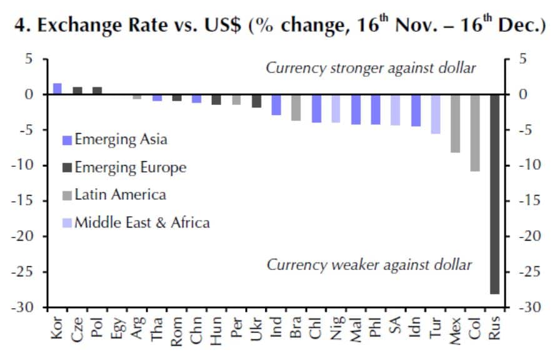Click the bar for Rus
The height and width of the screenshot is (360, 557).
[494, 194]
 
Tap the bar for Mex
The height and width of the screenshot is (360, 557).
[455, 123]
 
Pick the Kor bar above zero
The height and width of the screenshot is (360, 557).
[58, 89]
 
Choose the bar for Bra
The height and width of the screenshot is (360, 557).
[296, 107]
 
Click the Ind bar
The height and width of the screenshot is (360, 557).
[276, 104]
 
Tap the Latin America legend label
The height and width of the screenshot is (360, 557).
[120, 195]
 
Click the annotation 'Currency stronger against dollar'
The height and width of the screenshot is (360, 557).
[371, 67]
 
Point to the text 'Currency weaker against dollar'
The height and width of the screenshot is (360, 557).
[369, 264]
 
